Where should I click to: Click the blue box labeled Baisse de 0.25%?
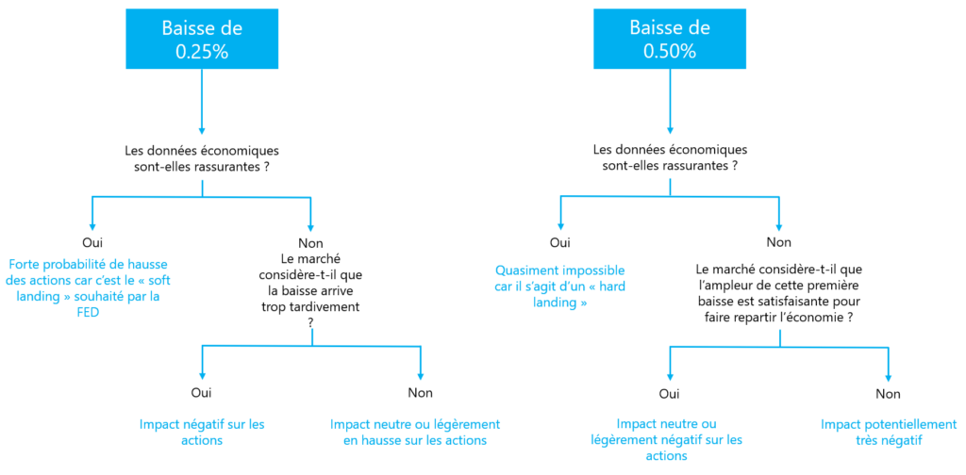coord(202,40)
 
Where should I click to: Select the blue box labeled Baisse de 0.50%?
coord(670,40)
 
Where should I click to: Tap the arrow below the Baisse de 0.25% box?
coord(202,101)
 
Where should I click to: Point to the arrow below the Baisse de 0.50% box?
coord(670,101)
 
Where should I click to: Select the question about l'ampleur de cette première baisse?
coord(779,294)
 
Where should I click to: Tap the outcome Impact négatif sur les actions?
coord(202,432)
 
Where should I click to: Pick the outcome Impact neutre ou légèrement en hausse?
coord(415,432)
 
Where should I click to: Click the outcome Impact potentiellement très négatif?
coord(889,432)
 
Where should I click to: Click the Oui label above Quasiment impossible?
coord(559,242)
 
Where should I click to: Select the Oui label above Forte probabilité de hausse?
coord(92,241)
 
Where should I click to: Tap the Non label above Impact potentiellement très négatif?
coord(889,393)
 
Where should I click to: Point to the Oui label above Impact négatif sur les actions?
coord(202,392)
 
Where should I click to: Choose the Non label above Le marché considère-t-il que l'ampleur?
coord(779,242)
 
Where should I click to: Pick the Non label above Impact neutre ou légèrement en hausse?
coord(420,393)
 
